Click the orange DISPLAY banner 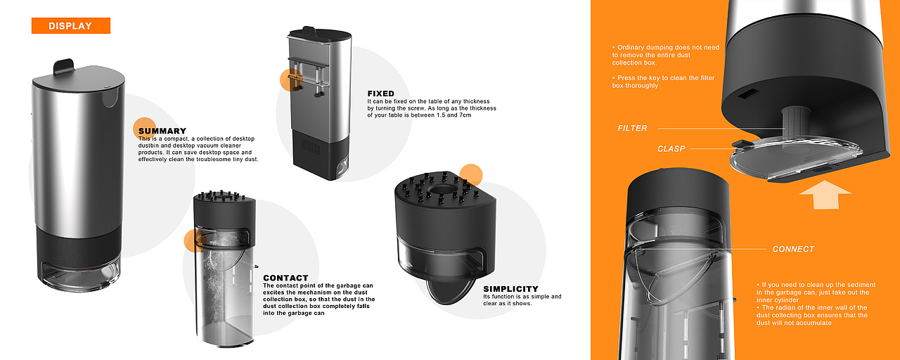click(x=71, y=26)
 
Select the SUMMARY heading click(x=162, y=131)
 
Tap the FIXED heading click(x=381, y=94)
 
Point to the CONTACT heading click(x=285, y=278)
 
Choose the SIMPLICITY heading click(x=510, y=289)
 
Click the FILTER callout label click(x=632, y=128)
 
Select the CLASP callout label click(x=671, y=149)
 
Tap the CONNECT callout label click(x=793, y=249)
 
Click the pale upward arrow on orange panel click(x=825, y=195)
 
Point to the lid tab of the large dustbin click(x=64, y=67)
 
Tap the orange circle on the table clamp click(x=291, y=80)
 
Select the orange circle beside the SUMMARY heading click(x=144, y=129)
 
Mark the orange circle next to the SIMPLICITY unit click(x=470, y=176)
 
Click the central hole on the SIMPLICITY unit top click(x=440, y=189)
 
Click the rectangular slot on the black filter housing click(x=747, y=95)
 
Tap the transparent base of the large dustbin click(x=78, y=276)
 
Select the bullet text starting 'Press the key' click(x=663, y=82)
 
